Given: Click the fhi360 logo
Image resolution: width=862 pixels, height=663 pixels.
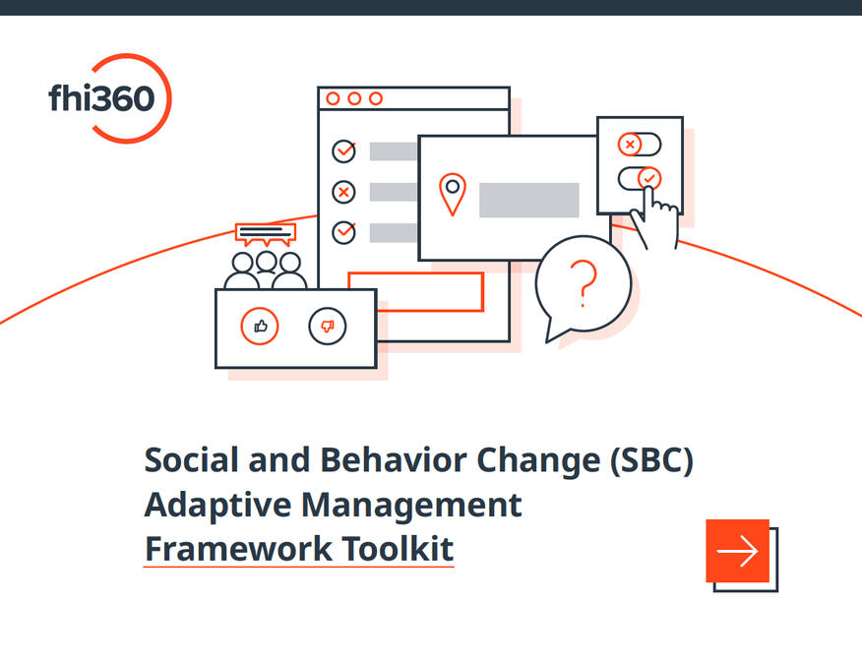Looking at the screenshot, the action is (110, 98).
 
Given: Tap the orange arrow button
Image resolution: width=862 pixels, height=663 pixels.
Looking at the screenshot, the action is (737, 550).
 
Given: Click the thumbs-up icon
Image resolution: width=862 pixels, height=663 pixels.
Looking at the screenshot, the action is (260, 326).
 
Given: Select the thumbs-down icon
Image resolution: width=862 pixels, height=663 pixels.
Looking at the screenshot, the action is (328, 327).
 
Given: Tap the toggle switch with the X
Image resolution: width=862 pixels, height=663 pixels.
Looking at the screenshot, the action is (640, 145).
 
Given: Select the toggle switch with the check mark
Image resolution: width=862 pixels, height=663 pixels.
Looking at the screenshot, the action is (640, 179).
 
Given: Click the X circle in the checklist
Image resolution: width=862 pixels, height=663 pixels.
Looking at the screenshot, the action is (343, 192).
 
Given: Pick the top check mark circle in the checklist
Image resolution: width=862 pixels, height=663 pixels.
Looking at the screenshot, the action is (343, 151).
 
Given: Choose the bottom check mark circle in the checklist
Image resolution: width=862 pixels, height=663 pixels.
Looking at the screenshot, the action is (343, 232).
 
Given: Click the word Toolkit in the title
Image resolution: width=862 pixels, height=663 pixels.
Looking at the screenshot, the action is (398, 549).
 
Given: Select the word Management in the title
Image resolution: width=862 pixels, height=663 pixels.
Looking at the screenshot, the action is (411, 505).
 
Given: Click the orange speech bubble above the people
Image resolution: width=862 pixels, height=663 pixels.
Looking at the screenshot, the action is (266, 234).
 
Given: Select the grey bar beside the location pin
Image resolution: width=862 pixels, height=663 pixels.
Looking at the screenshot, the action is (528, 200).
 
